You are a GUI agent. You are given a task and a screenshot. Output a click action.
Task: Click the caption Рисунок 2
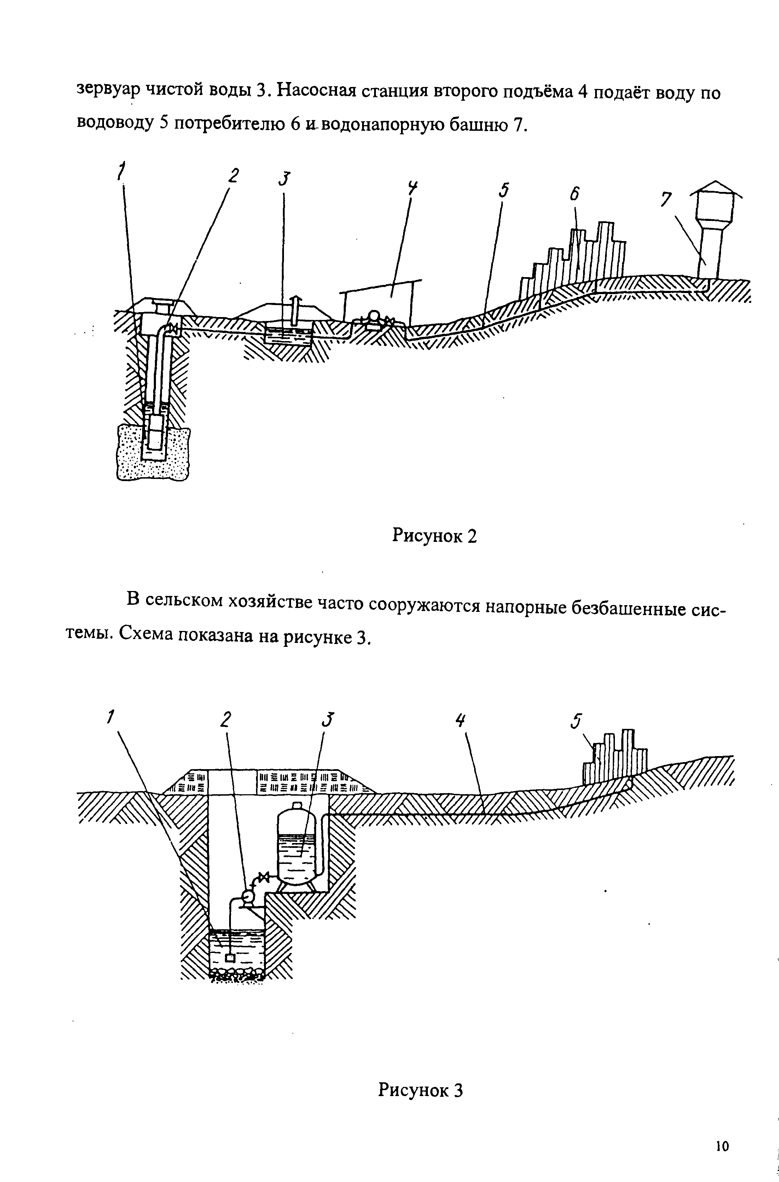434,536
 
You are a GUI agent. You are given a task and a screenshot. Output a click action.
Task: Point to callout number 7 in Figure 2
666,199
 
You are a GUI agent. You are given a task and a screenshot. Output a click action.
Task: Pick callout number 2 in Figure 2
233,176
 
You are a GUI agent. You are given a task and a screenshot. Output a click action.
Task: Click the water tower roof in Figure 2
715,187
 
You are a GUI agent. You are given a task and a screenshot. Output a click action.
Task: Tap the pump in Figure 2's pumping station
374,318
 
